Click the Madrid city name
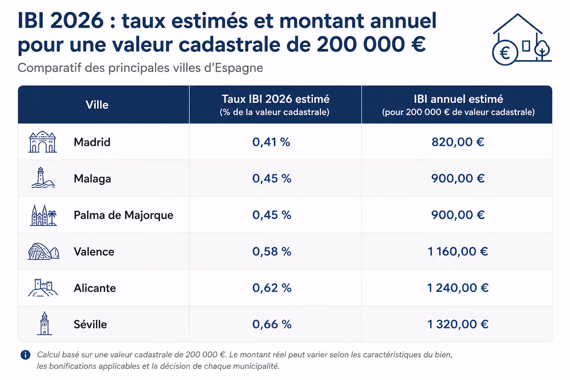pyautogui.click(x=92, y=142)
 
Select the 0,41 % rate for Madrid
pyautogui.click(x=271, y=142)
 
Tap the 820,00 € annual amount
pyautogui.click(x=458, y=142)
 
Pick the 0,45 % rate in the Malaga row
pyautogui.click(x=272, y=178)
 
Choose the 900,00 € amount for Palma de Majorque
pyautogui.click(x=458, y=215)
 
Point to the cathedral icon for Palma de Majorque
pyautogui.click(x=43, y=215)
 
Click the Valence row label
pyautogui.click(x=94, y=252)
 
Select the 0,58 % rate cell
pyautogui.click(x=272, y=252)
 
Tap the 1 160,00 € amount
pyautogui.click(x=458, y=252)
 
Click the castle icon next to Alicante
pyautogui.click(x=43, y=288)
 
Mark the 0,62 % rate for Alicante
pyautogui.click(x=272, y=288)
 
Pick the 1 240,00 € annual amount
pyautogui.click(x=458, y=288)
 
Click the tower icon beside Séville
pyautogui.click(x=44, y=324)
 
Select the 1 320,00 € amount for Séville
pyautogui.click(x=458, y=324)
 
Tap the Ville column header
pyautogui.click(x=97, y=105)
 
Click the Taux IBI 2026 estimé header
pyautogui.click(x=276, y=99)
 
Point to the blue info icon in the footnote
pyautogui.click(x=26, y=354)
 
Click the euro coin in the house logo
pyautogui.click(x=505, y=53)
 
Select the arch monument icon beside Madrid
pyautogui.click(x=43, y=142)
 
